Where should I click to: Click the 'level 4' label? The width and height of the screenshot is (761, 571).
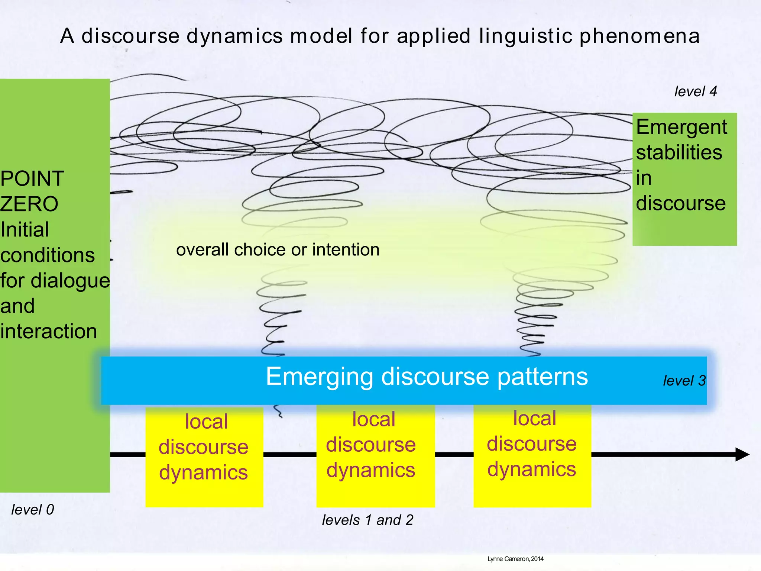[695, 91]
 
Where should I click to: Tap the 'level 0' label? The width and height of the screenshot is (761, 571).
[33, 509]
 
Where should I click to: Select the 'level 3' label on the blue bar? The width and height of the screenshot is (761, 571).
[684, 381]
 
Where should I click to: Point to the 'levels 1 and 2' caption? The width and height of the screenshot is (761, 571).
[367, 520]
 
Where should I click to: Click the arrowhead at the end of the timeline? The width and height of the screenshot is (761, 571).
[742, 454]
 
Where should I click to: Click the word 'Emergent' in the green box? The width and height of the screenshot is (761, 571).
[681, 127]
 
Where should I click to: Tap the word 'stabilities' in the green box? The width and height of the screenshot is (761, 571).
[679, 152]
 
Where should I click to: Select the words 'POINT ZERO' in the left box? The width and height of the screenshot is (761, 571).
[32, 191]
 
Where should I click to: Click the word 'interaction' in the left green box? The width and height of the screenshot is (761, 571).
[49, 331]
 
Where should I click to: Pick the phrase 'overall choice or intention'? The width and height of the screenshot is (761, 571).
[278, 249]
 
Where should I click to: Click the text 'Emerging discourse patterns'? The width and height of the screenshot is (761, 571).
[427, 377]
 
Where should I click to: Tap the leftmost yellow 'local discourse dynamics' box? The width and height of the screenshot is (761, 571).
[204, 457]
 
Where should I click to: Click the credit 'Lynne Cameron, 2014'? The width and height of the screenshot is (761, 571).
[515, 559]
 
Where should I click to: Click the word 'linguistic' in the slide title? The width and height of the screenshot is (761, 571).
[525, 36]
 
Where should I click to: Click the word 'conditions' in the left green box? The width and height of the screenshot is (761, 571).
[48, 255]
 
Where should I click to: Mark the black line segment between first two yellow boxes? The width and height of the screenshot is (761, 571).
[289, 454]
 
